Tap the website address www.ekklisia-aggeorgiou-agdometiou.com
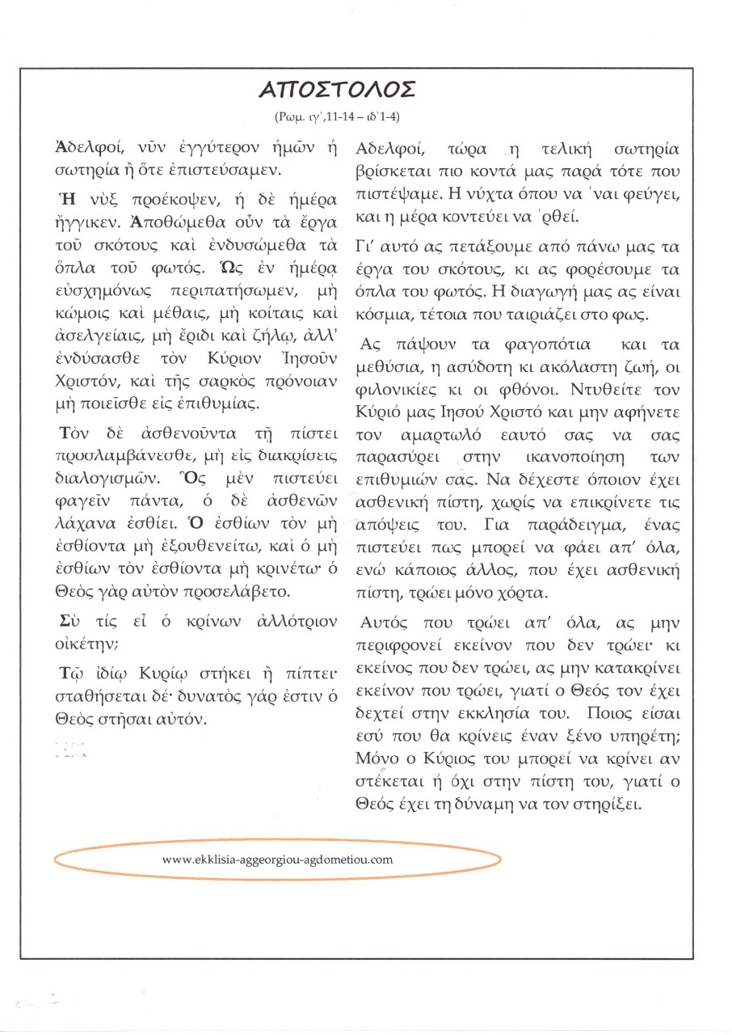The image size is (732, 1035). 277,859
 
